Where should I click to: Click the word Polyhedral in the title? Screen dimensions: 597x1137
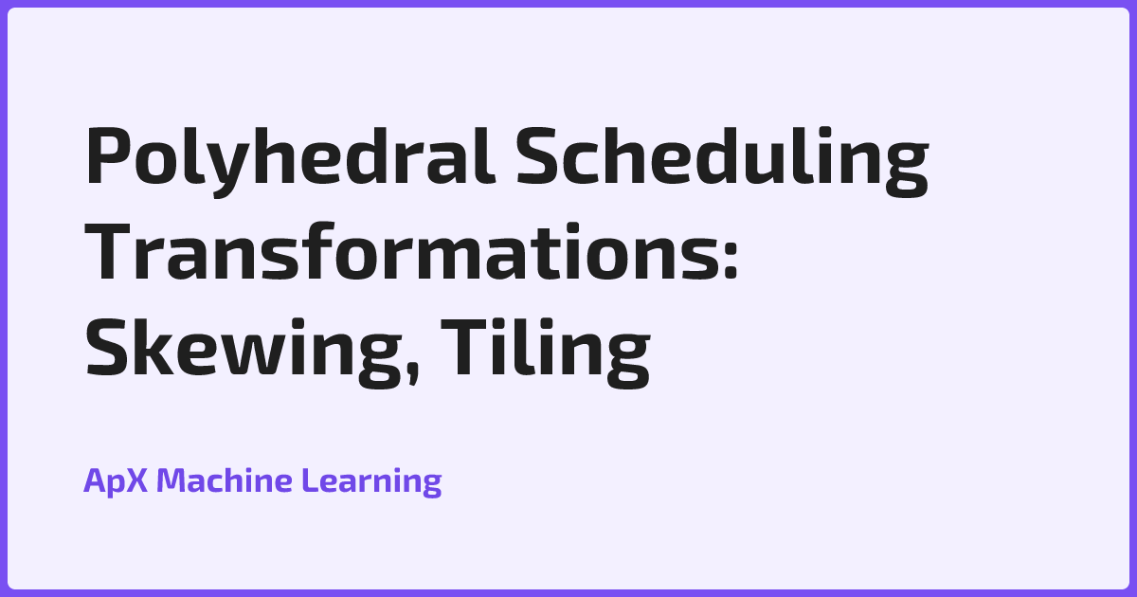[x=285, y=158]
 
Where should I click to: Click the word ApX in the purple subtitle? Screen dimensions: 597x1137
[x=116, y=481]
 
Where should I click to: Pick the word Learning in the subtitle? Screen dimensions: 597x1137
[x=371, y=481]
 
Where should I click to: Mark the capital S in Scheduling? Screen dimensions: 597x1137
[x=536, y=158]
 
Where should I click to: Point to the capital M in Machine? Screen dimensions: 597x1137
[x=171, y=481]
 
